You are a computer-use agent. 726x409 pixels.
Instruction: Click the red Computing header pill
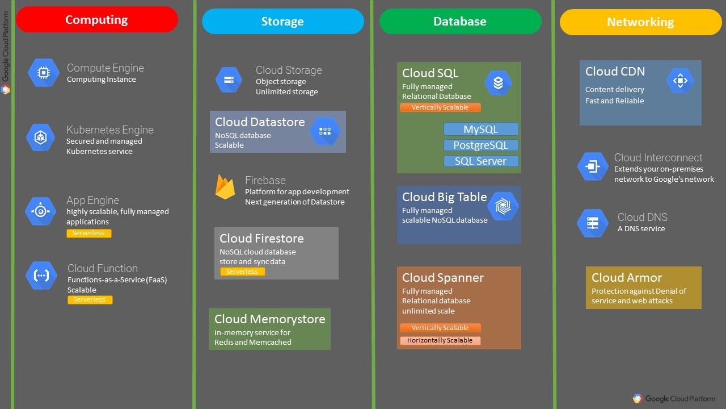pos(97,20)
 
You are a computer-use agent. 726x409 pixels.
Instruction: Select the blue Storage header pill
pos(282,22)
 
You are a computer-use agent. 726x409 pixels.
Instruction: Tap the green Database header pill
pos(460,22)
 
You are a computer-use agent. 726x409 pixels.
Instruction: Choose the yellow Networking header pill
pos(640,22)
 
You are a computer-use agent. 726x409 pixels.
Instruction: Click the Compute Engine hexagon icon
pos(43,73)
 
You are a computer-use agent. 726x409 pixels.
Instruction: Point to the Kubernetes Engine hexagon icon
pos(41,137)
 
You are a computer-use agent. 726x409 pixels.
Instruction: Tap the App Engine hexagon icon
pos(41,211)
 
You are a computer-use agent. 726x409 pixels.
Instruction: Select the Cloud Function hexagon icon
pos(41,276)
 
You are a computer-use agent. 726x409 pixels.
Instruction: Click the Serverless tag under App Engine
pos(89,233)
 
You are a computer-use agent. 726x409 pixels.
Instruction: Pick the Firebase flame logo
pos(225,187)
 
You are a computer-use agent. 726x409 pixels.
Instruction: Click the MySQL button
pos(481,129)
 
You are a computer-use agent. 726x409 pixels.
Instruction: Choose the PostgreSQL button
pos(481,145)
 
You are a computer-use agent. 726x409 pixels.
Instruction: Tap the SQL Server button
pos(481,161)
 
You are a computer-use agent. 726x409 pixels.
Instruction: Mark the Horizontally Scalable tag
pos(440,341)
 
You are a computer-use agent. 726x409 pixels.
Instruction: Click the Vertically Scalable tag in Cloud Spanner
pos(440,328)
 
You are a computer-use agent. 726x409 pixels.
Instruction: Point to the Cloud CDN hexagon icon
pos(679,81)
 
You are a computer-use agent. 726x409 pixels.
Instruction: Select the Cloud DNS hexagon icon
pos(593,223)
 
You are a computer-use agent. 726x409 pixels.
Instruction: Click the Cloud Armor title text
pos(627,278)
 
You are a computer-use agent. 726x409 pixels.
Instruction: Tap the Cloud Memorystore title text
pos(270,319)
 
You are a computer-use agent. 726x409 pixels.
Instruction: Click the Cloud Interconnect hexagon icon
pos(593,166)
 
